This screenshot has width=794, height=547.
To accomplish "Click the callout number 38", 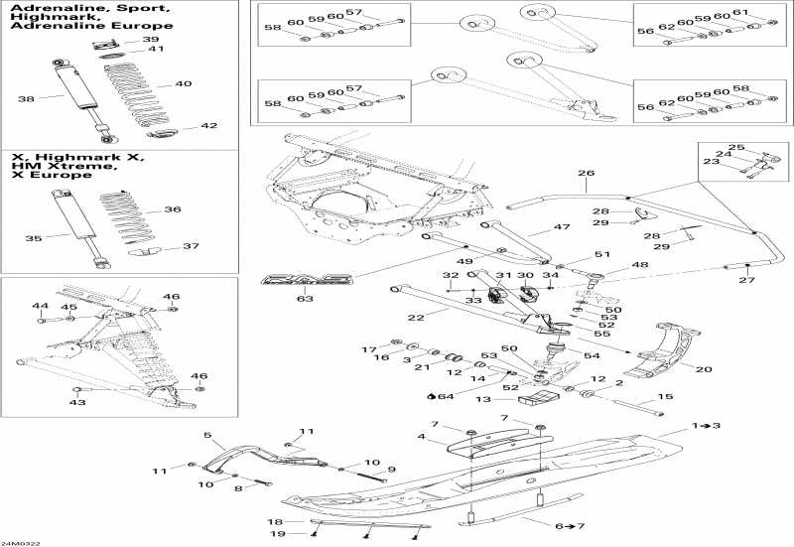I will [x=27, y=98].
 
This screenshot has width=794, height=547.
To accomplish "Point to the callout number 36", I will [x=173, y=209].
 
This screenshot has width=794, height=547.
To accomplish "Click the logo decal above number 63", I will [x=306, y=280].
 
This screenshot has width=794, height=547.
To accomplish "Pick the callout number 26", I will [x=586, y=174].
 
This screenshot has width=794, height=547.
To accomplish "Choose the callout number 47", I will [x=535, y=228].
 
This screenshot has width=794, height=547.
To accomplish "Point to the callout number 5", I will [x=208, y=435].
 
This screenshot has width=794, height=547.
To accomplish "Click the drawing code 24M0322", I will [x=22, y=541].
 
